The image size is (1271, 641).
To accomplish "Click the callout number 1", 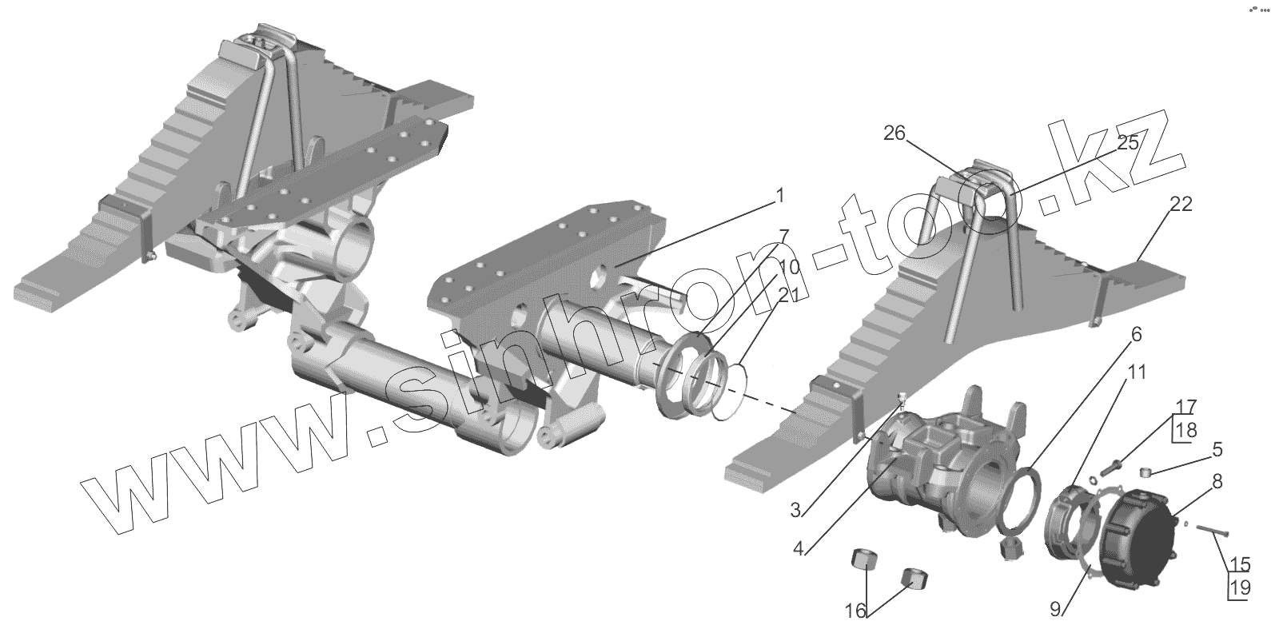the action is pos(780,196).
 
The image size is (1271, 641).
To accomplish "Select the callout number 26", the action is pos(894,133).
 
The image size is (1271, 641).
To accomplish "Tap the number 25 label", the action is pos(1126,144).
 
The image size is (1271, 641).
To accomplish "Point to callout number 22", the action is pos(1180,205).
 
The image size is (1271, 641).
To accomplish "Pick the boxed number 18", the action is pos(1185,430).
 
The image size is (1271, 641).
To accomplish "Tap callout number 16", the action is pos(855,611).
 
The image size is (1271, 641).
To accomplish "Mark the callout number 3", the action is pos(796,509).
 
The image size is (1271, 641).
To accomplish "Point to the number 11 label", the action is pos(1137,372).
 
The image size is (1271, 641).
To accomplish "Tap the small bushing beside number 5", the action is pos(1145,473).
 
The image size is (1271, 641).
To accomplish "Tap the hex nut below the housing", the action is pos(1009,548).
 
